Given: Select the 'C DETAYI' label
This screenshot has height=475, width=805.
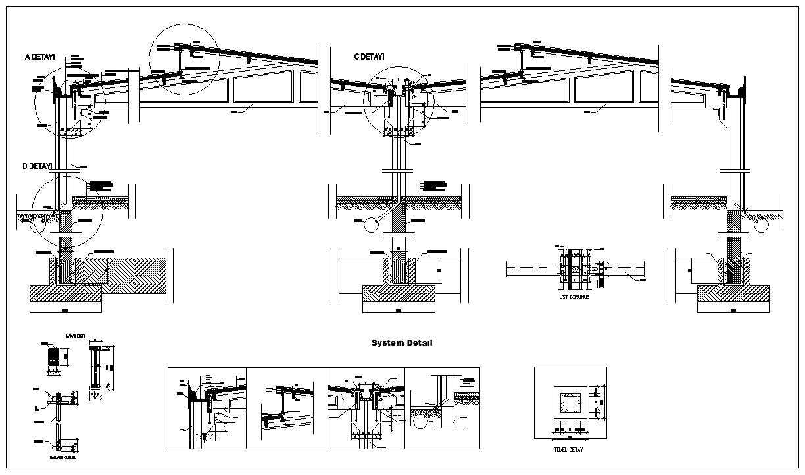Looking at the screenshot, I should [369, 57].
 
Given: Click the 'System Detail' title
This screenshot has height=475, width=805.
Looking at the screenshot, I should [402, 343].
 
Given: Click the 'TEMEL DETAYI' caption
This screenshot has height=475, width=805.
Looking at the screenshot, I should [570, 450].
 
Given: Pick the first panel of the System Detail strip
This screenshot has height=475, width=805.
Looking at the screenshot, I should [207, 408].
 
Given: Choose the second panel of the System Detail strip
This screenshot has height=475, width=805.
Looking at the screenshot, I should [287, 408].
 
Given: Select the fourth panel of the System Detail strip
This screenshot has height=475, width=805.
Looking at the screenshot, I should [442, 408].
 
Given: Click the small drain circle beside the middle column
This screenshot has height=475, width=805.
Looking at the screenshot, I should [372, 225].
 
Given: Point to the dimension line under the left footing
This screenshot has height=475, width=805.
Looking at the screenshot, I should [66, 311].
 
